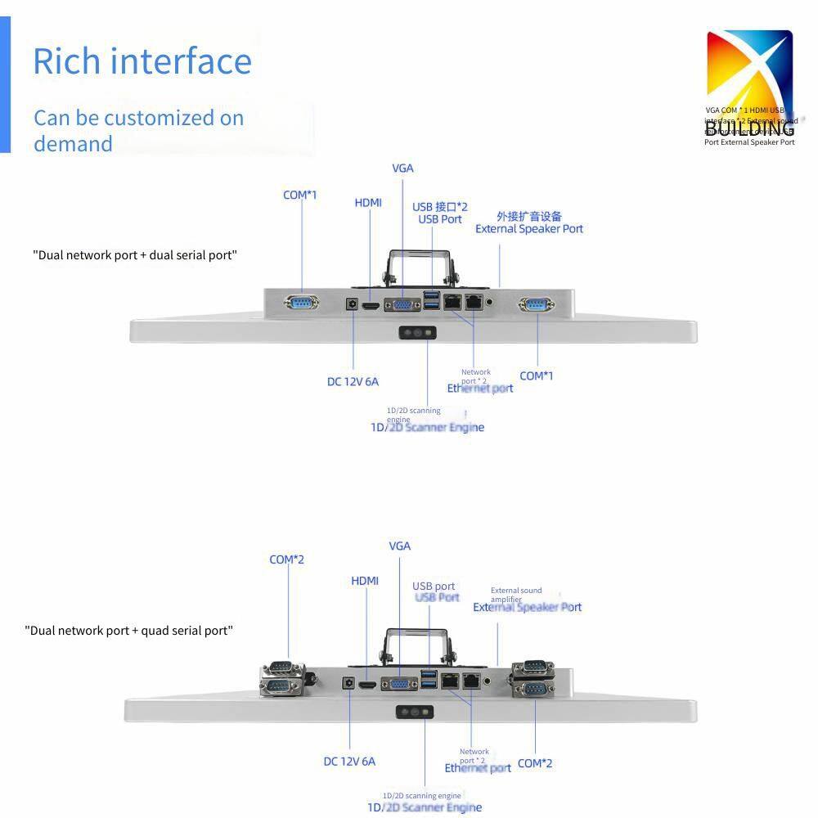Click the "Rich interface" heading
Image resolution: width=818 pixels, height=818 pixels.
[142, 61]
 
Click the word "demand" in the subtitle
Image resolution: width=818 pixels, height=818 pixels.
[73, 144]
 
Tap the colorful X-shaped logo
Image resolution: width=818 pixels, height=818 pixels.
[749, 70]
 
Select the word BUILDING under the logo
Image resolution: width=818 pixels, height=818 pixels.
[749, 128]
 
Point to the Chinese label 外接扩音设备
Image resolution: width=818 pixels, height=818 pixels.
[529, 217]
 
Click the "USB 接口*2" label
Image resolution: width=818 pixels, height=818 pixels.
[440, 207]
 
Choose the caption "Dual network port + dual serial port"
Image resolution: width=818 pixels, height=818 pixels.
[135, 255]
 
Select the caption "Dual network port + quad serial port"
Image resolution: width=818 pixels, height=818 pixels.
[129, 631]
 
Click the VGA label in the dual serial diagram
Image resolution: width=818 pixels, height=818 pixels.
[402, 169]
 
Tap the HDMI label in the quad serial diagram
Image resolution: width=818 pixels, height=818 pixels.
[365, 581]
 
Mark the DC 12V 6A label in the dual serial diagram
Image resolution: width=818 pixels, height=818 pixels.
[353, 381]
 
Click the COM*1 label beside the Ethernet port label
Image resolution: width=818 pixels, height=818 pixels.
[537, 375]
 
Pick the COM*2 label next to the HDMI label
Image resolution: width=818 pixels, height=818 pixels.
[286, 560]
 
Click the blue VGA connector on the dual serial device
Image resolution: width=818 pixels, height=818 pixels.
[403, 304]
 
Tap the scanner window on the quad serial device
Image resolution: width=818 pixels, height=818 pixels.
[416, 713]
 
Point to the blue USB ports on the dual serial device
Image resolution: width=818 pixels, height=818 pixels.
[431, 300]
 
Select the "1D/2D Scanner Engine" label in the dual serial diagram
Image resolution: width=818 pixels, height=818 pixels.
[427, 427]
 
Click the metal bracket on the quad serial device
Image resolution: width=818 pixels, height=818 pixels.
[416, 646]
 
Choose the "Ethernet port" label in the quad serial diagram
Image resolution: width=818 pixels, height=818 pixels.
[478, 768]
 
